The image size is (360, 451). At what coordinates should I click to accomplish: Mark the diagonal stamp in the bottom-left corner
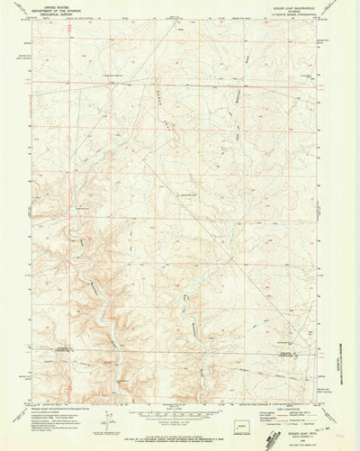[13, 439]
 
